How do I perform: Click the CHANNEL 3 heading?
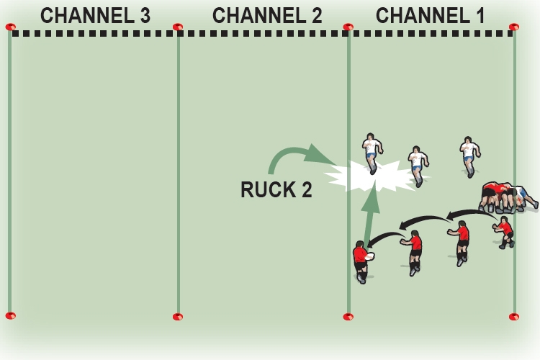[95, 15]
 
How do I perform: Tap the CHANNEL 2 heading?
[267, 15]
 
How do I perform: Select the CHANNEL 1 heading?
[431, 15]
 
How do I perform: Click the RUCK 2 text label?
[276, 190]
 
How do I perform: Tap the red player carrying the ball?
[361, 261]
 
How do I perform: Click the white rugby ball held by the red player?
[369, 256]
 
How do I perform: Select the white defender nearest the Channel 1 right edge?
[469, 156]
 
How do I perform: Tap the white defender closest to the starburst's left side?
[372, 153]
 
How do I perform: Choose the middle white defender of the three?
[417, 165]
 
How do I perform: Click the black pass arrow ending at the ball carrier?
[385, 237]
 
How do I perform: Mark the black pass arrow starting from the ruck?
[472, 213]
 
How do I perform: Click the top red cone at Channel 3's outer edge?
[10, 27]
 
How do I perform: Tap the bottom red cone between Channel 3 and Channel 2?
[178, 316]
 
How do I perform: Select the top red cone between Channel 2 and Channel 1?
[348, 27]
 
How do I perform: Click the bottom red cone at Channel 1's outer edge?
[514, 316]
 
